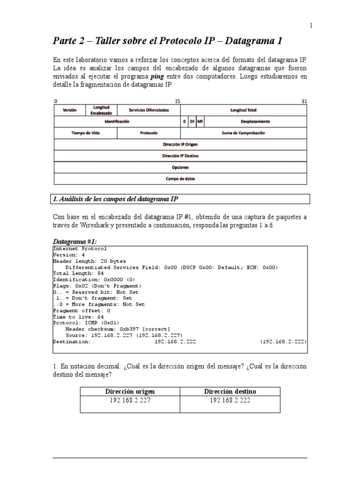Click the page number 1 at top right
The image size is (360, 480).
tap(311, 26)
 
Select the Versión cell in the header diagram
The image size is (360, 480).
tap(69, 110)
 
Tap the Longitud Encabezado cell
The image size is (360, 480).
tap(101, 110)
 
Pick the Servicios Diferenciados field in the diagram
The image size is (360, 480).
tap(149, 110)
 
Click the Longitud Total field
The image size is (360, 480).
tap(243, 110)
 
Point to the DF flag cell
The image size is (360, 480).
tap(192, 121)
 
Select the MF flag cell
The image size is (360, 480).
tap(200, 121)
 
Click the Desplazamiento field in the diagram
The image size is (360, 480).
tap(255, 121)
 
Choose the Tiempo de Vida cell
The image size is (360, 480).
tap(85, 133)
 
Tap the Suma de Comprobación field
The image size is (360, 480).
tap(243, 133)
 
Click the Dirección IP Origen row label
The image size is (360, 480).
tap(180, 144)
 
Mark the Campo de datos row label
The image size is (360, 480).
tap(180, 179)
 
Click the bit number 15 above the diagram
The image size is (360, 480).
tap(177, 101)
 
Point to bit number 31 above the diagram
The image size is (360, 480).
tap(304, 101)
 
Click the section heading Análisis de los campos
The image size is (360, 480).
tap(115, 199)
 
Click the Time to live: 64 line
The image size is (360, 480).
tap(79, 317)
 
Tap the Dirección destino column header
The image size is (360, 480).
tap(230, 391)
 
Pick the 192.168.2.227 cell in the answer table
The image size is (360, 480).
tap(130, 400)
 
